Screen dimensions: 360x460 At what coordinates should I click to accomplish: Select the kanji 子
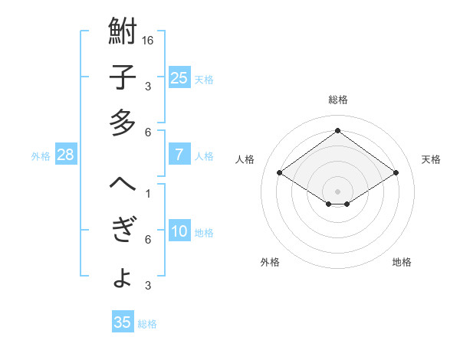pos(123,78)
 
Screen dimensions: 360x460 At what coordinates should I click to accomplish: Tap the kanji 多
pos(123,123)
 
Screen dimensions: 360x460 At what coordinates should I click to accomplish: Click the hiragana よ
pos(123,277)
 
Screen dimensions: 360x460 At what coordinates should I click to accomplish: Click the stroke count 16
pos(149,40)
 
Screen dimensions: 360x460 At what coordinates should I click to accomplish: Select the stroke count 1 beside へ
pos(147,193)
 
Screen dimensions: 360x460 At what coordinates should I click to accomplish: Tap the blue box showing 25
pos(179,78)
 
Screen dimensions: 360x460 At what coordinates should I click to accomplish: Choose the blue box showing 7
pos(179,155)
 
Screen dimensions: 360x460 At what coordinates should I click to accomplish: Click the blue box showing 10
pos(179,232)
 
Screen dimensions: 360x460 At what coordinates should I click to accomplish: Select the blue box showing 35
pos(123,322)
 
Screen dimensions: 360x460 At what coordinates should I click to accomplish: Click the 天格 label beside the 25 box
pos(204,79)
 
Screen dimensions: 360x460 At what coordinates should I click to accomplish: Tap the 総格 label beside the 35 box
pos(147,324)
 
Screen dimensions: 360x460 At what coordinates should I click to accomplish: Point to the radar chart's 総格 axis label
pos(337,100)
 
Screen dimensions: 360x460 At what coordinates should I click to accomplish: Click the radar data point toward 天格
pos(396,173)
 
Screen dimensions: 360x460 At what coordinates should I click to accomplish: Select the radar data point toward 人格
pos(279,173)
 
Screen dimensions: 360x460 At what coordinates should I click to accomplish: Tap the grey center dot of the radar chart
pos(337,190)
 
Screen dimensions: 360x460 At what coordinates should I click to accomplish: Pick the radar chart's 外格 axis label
pos(270,262)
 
